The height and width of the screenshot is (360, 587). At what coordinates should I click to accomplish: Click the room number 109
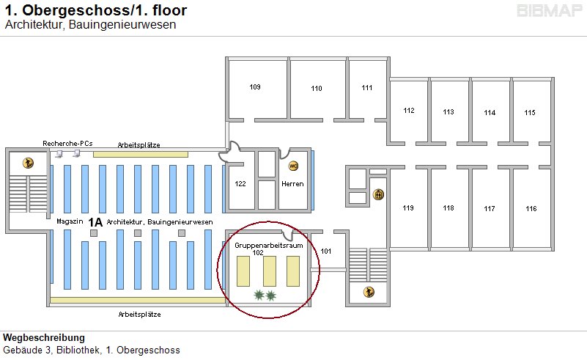coord(255,87)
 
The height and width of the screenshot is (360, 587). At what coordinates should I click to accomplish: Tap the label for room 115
coord(530,112)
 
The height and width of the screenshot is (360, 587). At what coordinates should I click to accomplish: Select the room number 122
coord(240,183)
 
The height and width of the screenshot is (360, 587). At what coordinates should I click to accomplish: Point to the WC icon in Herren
coord(293,166)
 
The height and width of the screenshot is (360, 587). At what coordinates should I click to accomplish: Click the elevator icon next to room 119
coord(378,194)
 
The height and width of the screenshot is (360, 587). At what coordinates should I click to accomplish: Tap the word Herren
coord(292,184)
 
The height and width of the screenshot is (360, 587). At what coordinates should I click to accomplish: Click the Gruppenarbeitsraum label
coord(269,246)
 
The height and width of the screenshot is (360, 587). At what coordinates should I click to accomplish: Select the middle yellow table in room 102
coord(270,271)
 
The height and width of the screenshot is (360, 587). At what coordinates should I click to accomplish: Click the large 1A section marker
coord(95,222)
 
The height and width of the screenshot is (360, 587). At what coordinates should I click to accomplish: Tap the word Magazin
coord(70,221)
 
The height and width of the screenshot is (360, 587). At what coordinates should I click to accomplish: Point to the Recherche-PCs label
coord(67,143)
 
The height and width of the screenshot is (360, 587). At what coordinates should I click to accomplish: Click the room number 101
coord(325,251)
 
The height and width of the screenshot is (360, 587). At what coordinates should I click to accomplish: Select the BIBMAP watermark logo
coord(550,10)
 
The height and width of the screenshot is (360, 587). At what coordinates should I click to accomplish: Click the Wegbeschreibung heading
coord(44,337)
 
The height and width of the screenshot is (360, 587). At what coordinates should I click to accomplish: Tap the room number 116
coord(531,209)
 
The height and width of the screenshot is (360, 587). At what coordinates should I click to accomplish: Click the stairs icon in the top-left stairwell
coord(28,163)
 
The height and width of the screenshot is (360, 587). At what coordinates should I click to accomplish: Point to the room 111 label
coord(367,88)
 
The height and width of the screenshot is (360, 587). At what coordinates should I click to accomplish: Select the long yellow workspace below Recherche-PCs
coord(141,155)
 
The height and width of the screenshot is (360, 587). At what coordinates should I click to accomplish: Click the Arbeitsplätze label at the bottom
coord(140,315)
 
